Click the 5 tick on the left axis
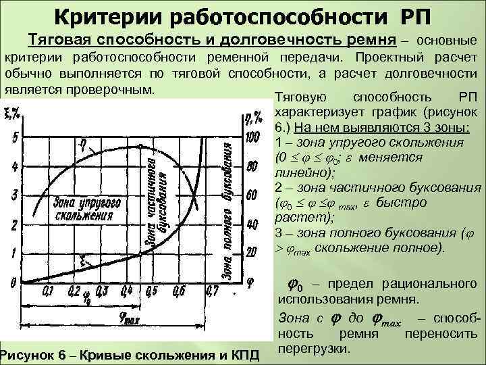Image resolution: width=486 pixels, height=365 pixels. [15, 139]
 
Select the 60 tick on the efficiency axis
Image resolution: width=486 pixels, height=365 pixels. [252, 196]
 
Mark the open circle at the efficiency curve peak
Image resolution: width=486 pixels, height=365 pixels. [139, 147]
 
